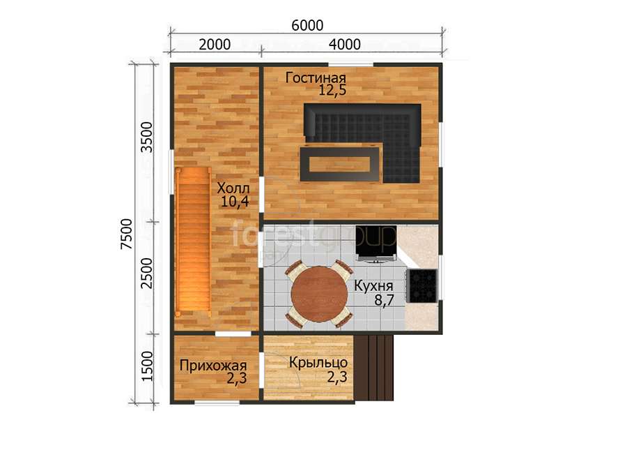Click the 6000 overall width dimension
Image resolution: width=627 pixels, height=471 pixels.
[307, 25]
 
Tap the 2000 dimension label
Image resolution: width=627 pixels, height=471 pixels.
[215, 45]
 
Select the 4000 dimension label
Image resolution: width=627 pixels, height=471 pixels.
[345, 45]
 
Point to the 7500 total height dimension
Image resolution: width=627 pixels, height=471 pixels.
[126, 234]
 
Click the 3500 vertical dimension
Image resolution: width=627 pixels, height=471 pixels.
[147, 137]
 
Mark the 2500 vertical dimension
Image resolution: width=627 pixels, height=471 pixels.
[147, 273]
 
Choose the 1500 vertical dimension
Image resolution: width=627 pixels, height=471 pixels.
[147, 366]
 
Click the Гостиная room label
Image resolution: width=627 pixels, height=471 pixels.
[316, 77]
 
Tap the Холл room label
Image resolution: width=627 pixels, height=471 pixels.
[233, 188]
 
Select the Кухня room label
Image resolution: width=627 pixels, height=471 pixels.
[373, 286]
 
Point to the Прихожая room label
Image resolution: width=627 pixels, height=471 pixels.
[213, 365]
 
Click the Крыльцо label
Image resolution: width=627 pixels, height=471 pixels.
[318, 362]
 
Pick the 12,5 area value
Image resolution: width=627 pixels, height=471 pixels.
[332, 90]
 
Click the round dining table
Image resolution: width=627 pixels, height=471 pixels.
[319, 294]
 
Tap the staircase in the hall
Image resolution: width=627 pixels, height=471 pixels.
[193, 242]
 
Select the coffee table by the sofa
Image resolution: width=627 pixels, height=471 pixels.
[340, 164]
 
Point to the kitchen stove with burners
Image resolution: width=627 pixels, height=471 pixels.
[422, 285]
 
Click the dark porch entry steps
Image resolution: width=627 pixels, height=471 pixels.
[374, 368]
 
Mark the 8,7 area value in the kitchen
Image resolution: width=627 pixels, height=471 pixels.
[384, 299]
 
